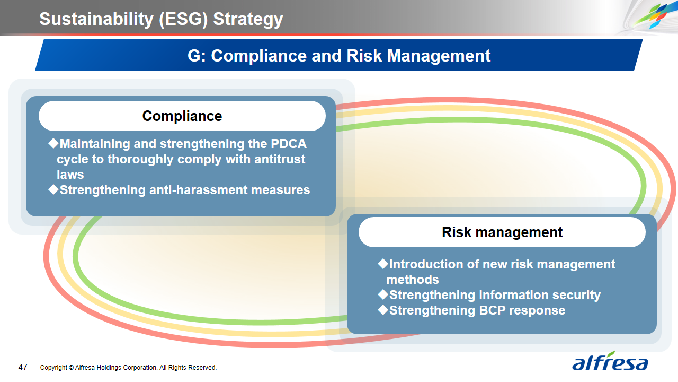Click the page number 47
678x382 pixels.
click(23, 368)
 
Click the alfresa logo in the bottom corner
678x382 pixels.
click(610, 361)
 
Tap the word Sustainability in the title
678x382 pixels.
click(96, 19)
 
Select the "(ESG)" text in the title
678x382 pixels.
click(183, 20)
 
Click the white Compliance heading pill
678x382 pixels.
click(182, 116)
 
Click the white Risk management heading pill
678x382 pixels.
click(502, 232)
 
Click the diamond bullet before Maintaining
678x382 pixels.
click(53, 143)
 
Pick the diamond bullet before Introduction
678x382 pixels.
click(383, 264)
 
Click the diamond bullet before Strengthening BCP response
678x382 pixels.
click(383, 310)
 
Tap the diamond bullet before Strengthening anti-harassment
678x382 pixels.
click(53, 189)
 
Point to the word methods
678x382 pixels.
click(413, 280)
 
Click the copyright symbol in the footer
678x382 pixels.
click(71, 368)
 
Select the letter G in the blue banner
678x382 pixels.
click(194, 56)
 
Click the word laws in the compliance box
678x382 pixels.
click(70, 175)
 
